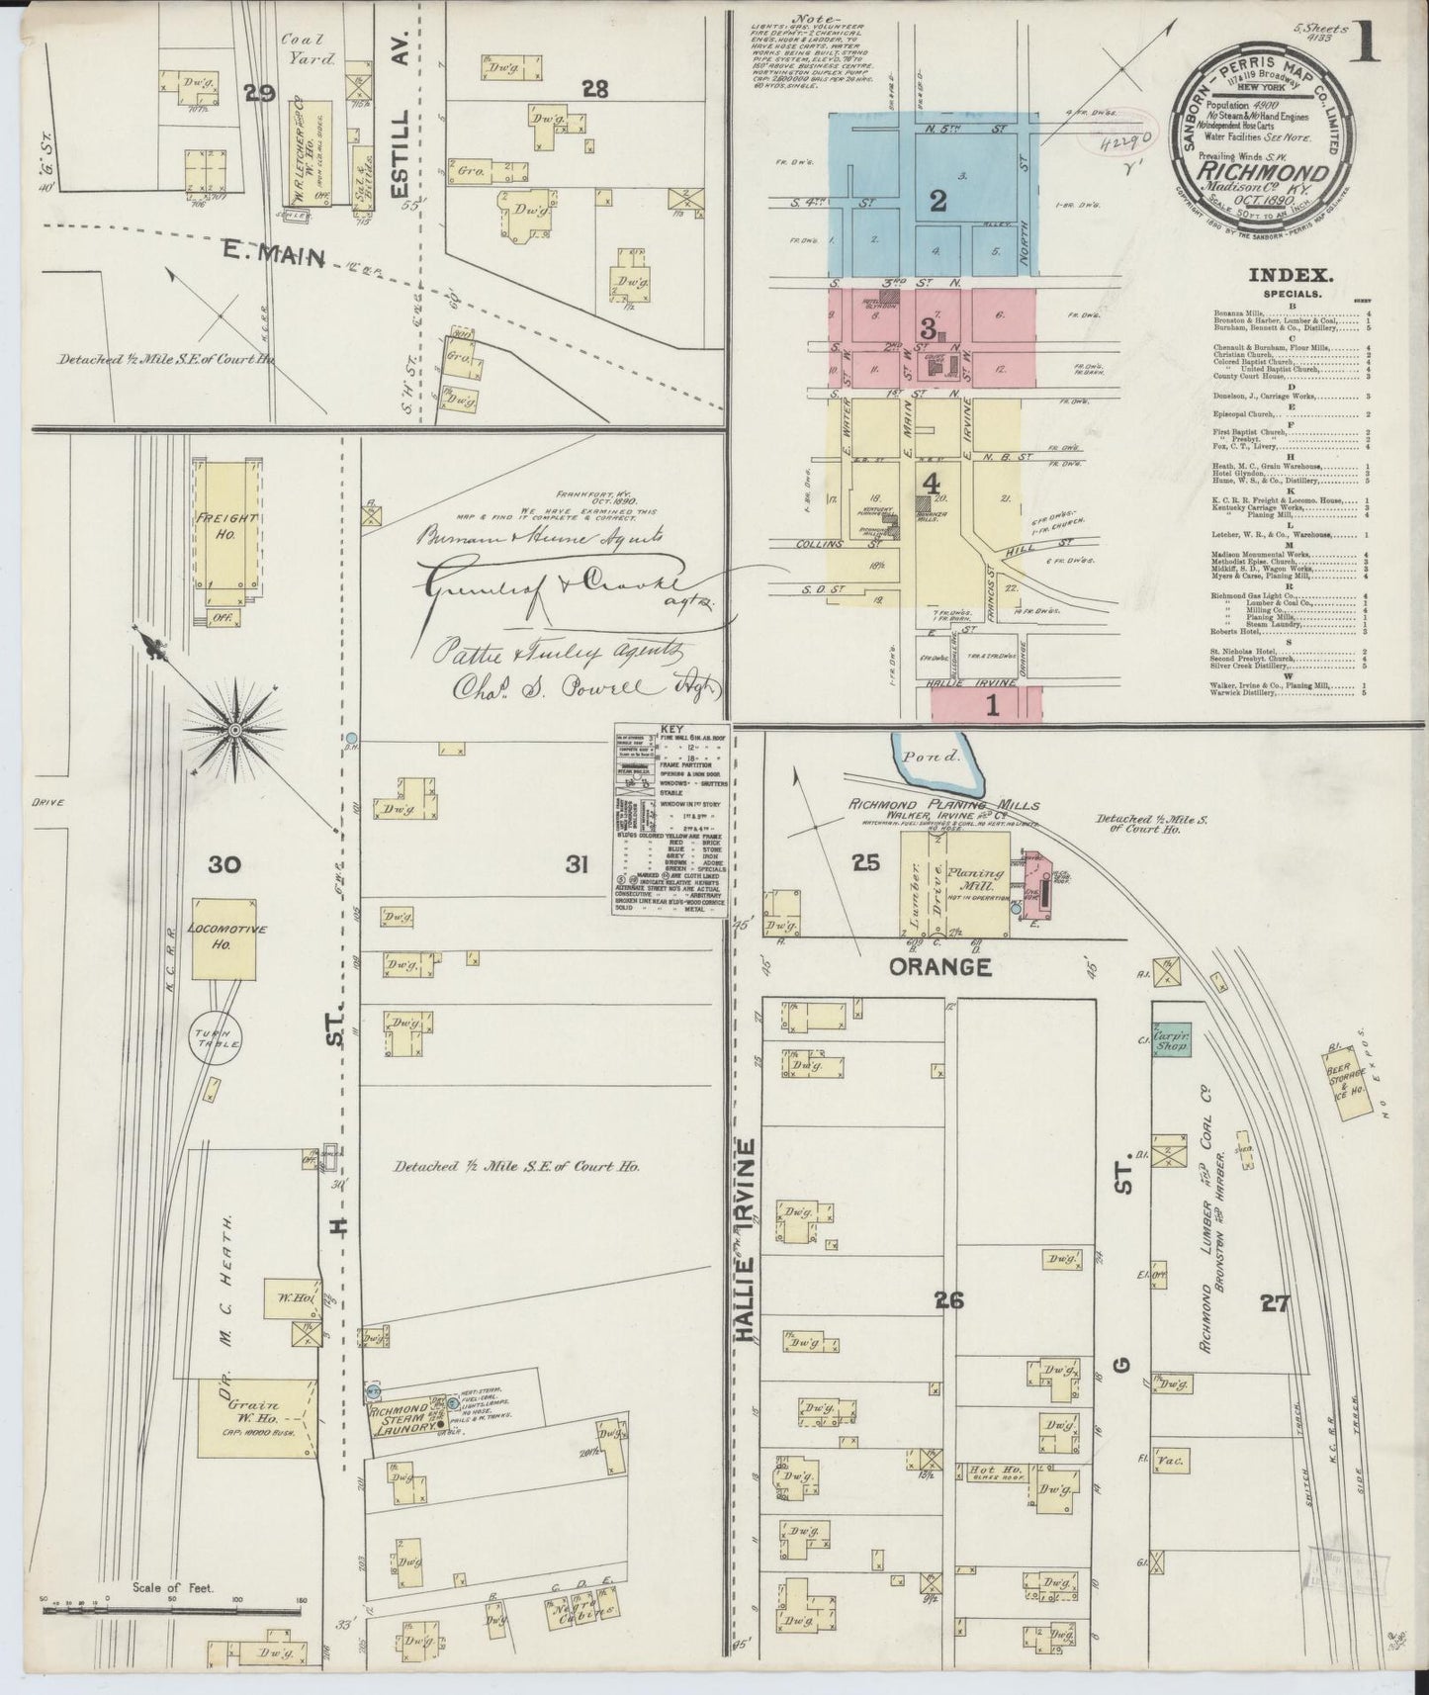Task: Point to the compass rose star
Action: tap(235, 730)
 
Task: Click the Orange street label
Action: tap(939, 967)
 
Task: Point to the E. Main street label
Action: tap(284, 257)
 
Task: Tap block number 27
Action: tap(1275, 1303)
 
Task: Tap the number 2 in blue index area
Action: tap(937, 201)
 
